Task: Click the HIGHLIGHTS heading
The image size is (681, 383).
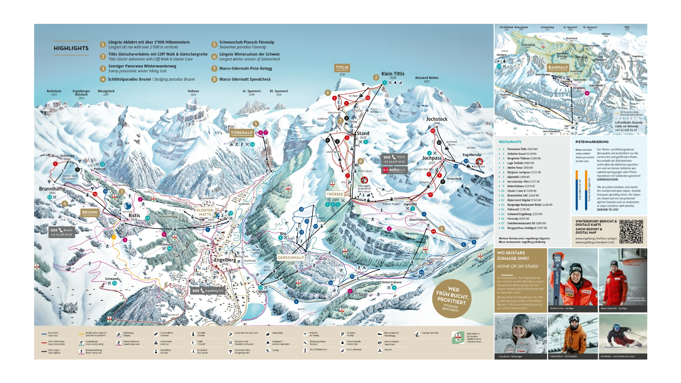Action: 71,48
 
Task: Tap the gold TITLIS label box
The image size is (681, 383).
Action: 342,68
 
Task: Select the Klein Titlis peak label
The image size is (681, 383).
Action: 393,74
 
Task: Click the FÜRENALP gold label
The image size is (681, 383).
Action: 242,133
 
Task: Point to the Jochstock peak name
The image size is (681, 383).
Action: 437,119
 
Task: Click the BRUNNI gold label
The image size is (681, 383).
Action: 90,212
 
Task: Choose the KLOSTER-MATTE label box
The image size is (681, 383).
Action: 205,212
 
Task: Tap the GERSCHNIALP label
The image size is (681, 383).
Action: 291,257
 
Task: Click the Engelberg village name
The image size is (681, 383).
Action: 225,260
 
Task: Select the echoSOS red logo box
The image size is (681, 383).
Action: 394,170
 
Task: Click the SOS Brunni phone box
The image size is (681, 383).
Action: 62,232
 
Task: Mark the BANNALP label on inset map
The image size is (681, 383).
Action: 558,67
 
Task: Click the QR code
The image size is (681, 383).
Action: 631,232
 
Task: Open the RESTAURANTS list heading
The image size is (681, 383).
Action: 510,142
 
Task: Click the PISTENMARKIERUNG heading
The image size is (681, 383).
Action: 592,142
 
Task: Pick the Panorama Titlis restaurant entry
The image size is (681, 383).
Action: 522,149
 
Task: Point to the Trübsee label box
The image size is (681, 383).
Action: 335,194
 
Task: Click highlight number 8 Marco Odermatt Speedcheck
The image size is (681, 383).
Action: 245,79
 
